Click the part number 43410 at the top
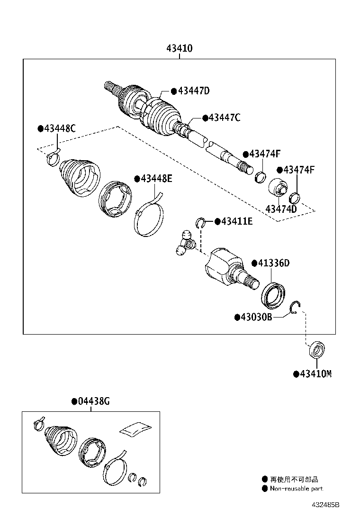point(180,48)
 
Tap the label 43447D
point(194,91)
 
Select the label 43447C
point(225,118)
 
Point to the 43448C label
point(60,128)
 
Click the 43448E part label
point(156,179)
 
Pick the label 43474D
point(281,209)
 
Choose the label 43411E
point(237,221)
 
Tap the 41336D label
point(274,263)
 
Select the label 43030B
point(257,317)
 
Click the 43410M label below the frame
point(316,374)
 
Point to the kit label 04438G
point(94,401)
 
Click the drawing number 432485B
point(325,505)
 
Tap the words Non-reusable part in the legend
point(297,489)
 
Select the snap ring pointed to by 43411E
point(200,222)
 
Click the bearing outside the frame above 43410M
point(316,350)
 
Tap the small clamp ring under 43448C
point(53,159)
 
